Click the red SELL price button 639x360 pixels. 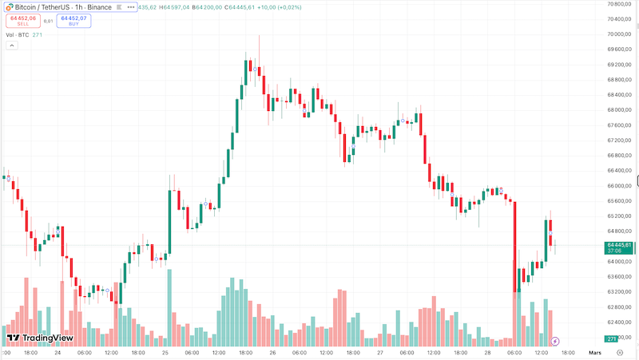(x=22, y=21)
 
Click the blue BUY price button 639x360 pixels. (x=73, y=21)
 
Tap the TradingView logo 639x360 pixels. (x=40, y=338)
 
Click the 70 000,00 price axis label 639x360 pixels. (x=620, y=34)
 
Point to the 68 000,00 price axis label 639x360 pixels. (x=620, y=110)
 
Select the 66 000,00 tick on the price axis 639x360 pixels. (x=620, y=186)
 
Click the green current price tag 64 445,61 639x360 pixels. (x=620, y=247)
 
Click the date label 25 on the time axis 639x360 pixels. (x=165, y=352)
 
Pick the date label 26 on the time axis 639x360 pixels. (x=273, y=352)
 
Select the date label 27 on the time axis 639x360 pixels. (x=380, y=352)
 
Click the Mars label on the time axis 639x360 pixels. (x=595, y=352)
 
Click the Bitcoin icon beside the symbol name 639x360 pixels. (x=9, y=6)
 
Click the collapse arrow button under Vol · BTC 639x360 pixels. (x=12, y=45)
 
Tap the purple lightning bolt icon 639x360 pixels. (x=566, y=341)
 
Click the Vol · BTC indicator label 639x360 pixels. (x=22, y=35)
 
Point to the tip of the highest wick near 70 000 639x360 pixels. (x=259, y=36)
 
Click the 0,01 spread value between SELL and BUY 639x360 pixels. (x=48, y=21)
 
